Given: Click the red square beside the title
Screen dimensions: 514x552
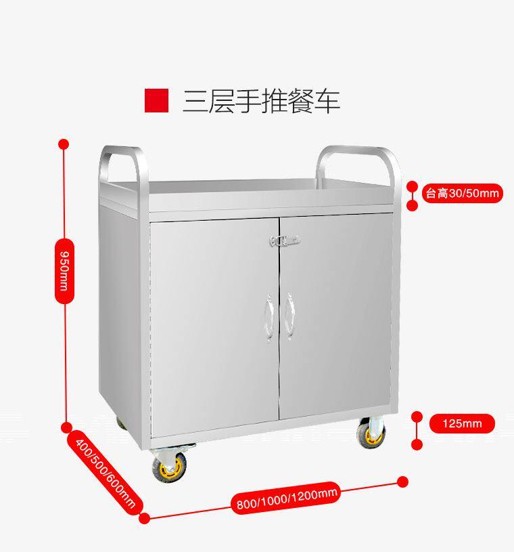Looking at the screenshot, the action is (156, 100).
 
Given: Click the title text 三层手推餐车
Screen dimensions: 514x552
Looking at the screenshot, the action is (261, 100).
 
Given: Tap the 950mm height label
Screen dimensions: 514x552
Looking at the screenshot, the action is (63, 270).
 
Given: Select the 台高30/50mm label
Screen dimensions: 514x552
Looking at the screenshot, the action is (462, 194).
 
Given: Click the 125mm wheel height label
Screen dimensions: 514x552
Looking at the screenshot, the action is (462, 424).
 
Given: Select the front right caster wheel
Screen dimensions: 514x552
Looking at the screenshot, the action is (371, 433).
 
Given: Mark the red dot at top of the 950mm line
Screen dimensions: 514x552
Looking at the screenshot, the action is (64, 144).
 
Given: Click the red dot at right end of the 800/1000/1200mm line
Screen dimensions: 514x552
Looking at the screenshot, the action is (402, 482).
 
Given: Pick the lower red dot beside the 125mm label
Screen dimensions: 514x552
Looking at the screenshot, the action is (417, 445).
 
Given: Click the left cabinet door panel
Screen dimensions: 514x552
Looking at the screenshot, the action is (213, 325).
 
